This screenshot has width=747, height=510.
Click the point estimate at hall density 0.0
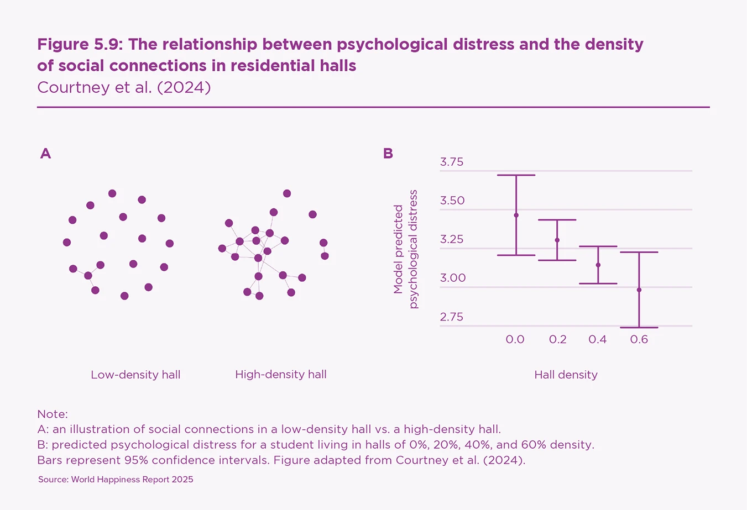516,215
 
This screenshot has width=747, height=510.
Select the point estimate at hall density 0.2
557,240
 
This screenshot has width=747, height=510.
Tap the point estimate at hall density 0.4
598,265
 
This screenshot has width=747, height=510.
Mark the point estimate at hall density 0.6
639,290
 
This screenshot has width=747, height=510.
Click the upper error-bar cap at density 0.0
516,175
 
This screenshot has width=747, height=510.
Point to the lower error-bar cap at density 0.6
639,328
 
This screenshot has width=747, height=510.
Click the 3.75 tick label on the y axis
452,162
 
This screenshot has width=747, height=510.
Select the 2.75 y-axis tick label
452,317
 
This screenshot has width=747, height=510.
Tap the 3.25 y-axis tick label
452,240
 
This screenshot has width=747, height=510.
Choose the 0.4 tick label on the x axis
598,339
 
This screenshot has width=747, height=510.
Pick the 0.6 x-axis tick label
639,339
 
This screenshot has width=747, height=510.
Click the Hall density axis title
566,375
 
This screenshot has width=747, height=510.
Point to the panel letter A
45,154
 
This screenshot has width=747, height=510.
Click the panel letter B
388,154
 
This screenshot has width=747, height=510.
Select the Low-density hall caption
135,375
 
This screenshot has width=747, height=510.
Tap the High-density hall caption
281,375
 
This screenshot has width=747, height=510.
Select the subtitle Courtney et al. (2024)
124,87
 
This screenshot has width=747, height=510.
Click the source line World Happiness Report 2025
116,480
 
